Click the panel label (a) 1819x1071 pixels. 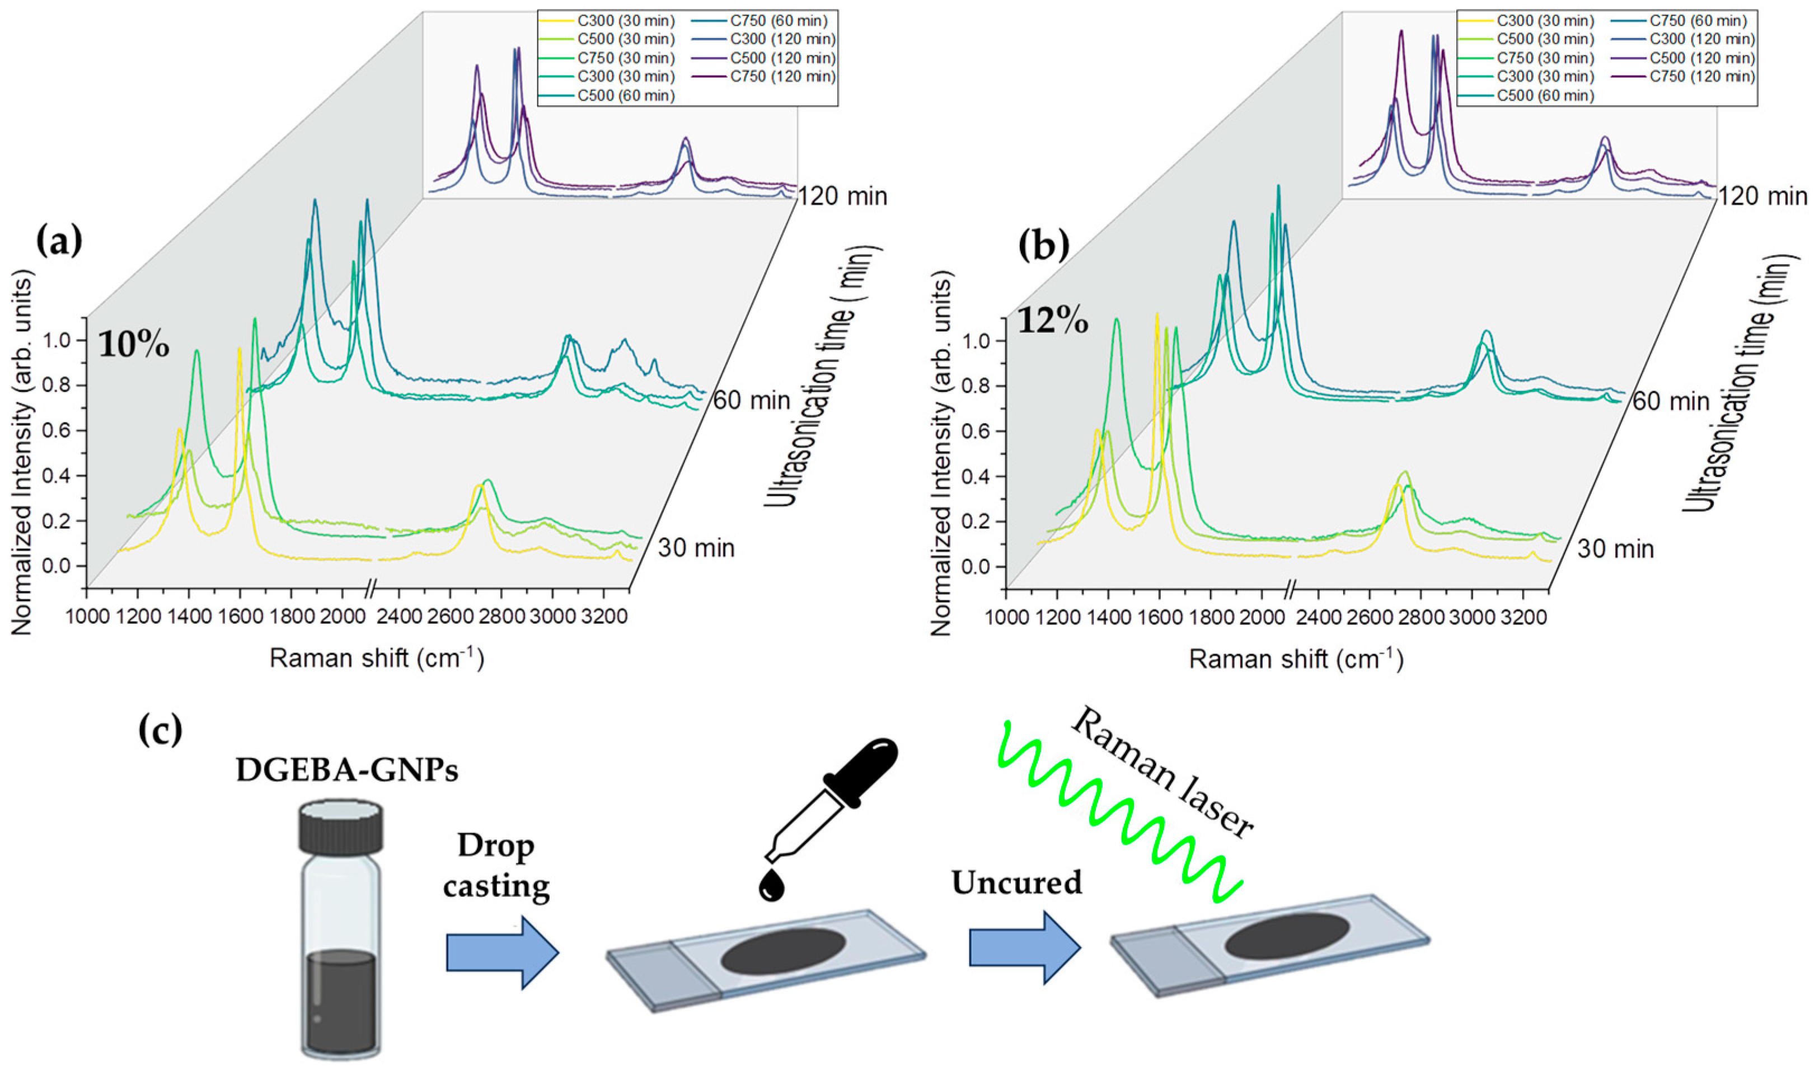point(59,240)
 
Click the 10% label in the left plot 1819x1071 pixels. point(134,345)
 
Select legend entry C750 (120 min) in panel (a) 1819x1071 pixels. point(782,77)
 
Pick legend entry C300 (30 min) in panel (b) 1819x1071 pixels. point(1545,21)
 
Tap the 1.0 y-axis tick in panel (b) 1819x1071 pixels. point(979,341)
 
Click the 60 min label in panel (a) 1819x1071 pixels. point(752,400)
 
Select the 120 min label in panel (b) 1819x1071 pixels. point(1762,196)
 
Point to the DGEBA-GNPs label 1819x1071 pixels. point(346,771)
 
